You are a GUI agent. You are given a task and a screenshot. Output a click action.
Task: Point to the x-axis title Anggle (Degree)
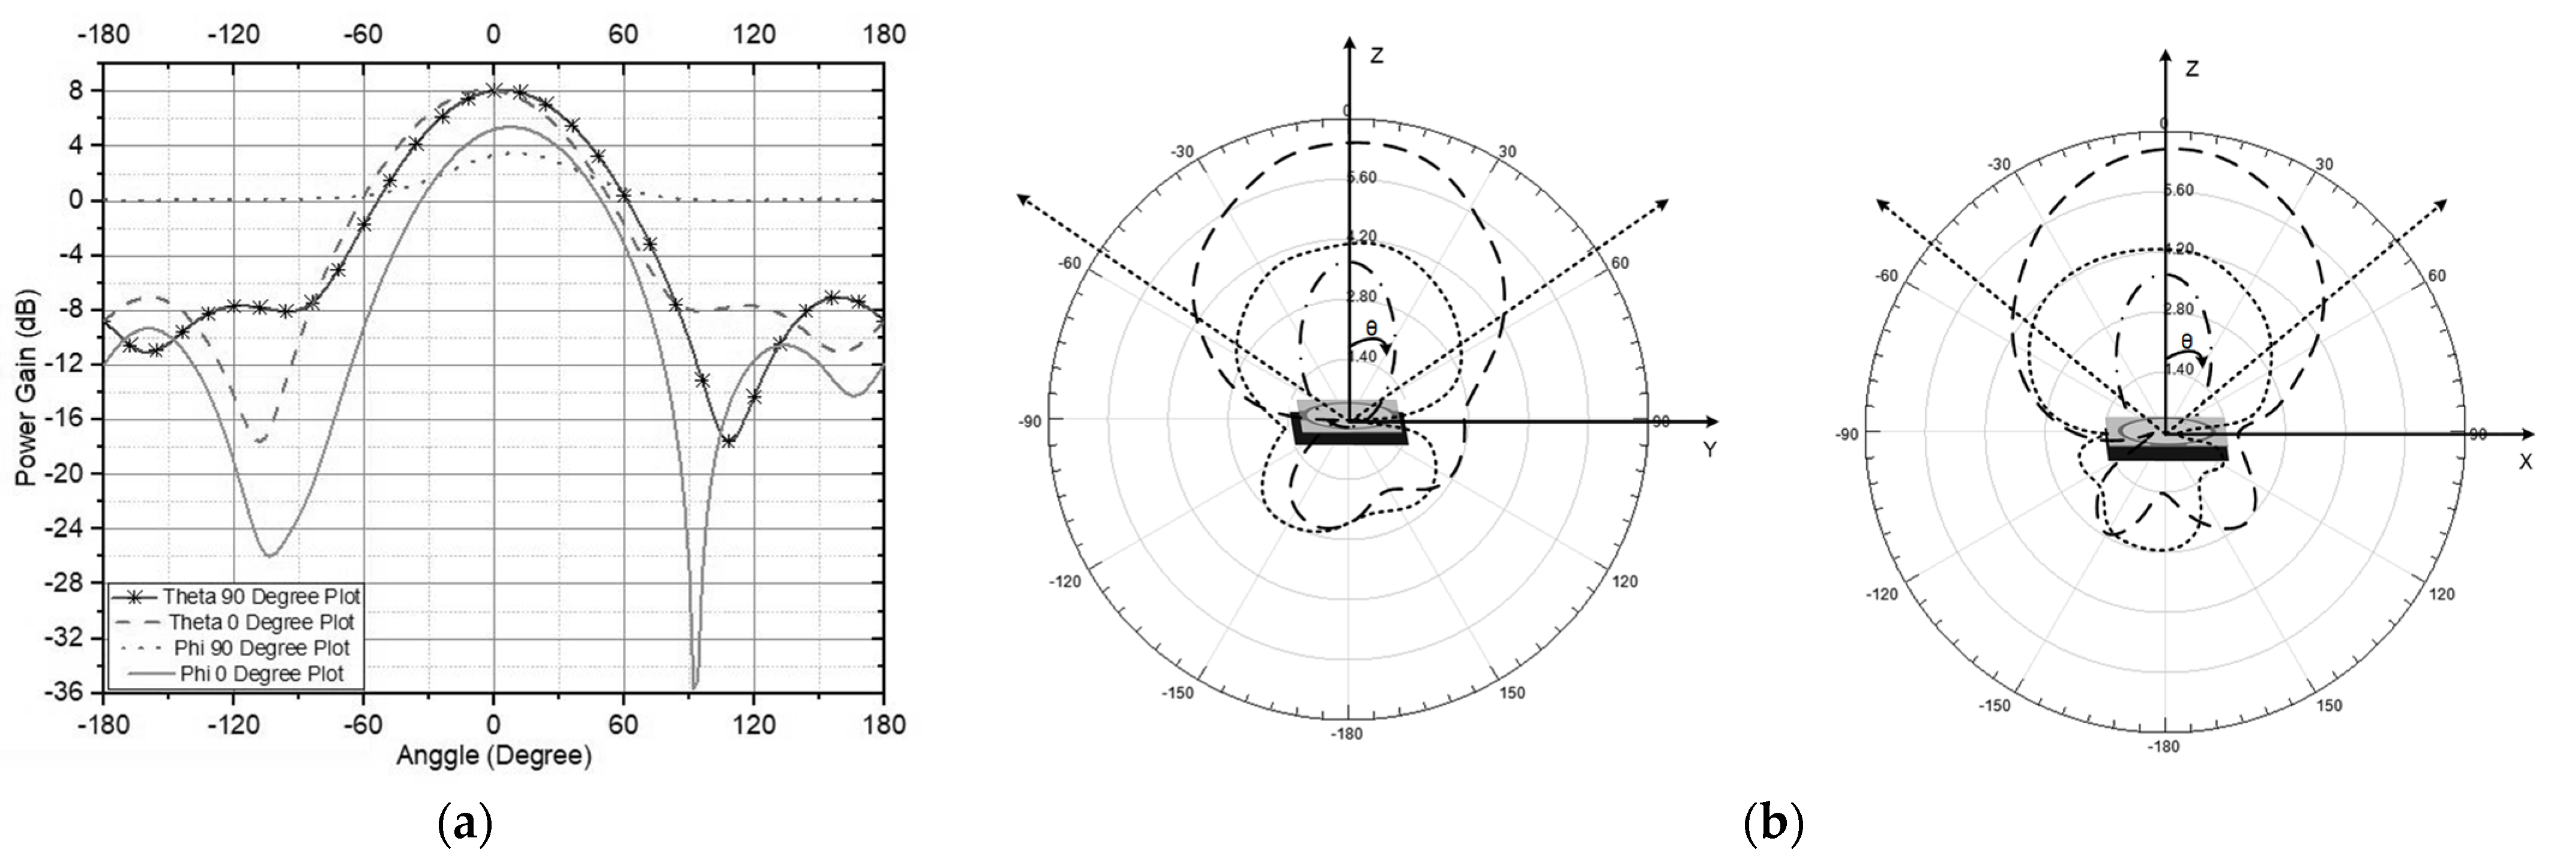(493, 756)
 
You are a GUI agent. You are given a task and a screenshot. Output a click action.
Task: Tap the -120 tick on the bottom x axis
(233, 725)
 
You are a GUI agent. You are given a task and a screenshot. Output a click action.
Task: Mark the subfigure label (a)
(465, 824)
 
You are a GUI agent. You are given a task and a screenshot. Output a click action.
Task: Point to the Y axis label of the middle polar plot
(1709, 450)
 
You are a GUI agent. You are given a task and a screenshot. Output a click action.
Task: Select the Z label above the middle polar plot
(1376, 55)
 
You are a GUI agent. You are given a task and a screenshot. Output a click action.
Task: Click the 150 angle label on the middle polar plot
(1512, 693)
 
